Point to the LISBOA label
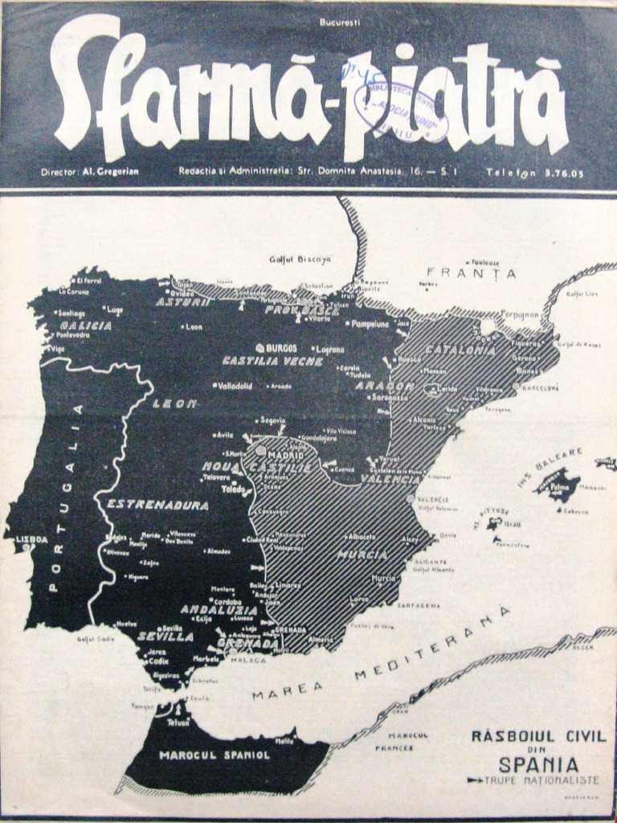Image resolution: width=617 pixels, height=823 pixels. tap(31, 539)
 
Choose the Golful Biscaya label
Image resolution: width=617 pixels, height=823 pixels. tap(300, 259)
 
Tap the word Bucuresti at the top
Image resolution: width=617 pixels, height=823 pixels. tap(340, 23)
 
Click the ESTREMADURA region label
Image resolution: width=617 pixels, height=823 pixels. tap(157, 506)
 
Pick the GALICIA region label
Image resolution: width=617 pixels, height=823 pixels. tap(85, 326)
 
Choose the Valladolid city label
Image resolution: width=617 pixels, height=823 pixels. tap(235, 386)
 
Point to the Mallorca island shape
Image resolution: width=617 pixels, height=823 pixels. tap(558, 485)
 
